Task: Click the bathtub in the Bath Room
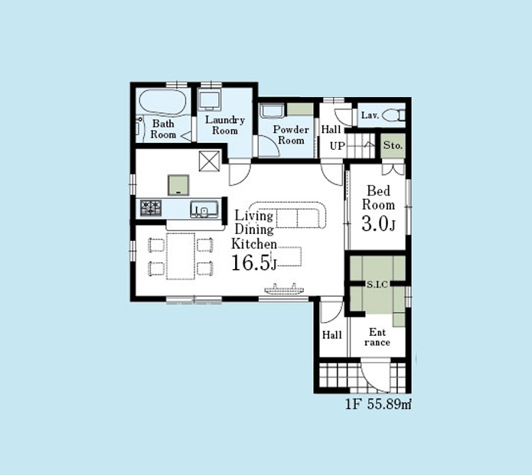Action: click(163, 102)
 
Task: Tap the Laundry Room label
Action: click(225, 125)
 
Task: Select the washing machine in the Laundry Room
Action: click(211, 99)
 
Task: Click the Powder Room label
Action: click(291, 135)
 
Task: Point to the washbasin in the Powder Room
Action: click(272, 111)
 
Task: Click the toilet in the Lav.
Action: click(393, 115)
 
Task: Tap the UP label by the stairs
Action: click(338, 146)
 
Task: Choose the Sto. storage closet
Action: click(393, 146)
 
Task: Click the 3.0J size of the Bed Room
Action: click(378, 224)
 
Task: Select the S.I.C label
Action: click(377, 285)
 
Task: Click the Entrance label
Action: click(377, 337)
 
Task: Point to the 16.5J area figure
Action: click(254, 263)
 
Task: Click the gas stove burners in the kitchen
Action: click(151, 208)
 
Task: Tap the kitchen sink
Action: click(204, 210)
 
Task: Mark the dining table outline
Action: click(181, 256)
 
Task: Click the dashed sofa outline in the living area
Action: click(288, 215)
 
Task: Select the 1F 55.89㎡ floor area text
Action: click(378, 404)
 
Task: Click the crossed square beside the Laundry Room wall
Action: click(209, 161)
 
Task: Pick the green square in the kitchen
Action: click(178, 185)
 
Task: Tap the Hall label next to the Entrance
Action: click(331, 335)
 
